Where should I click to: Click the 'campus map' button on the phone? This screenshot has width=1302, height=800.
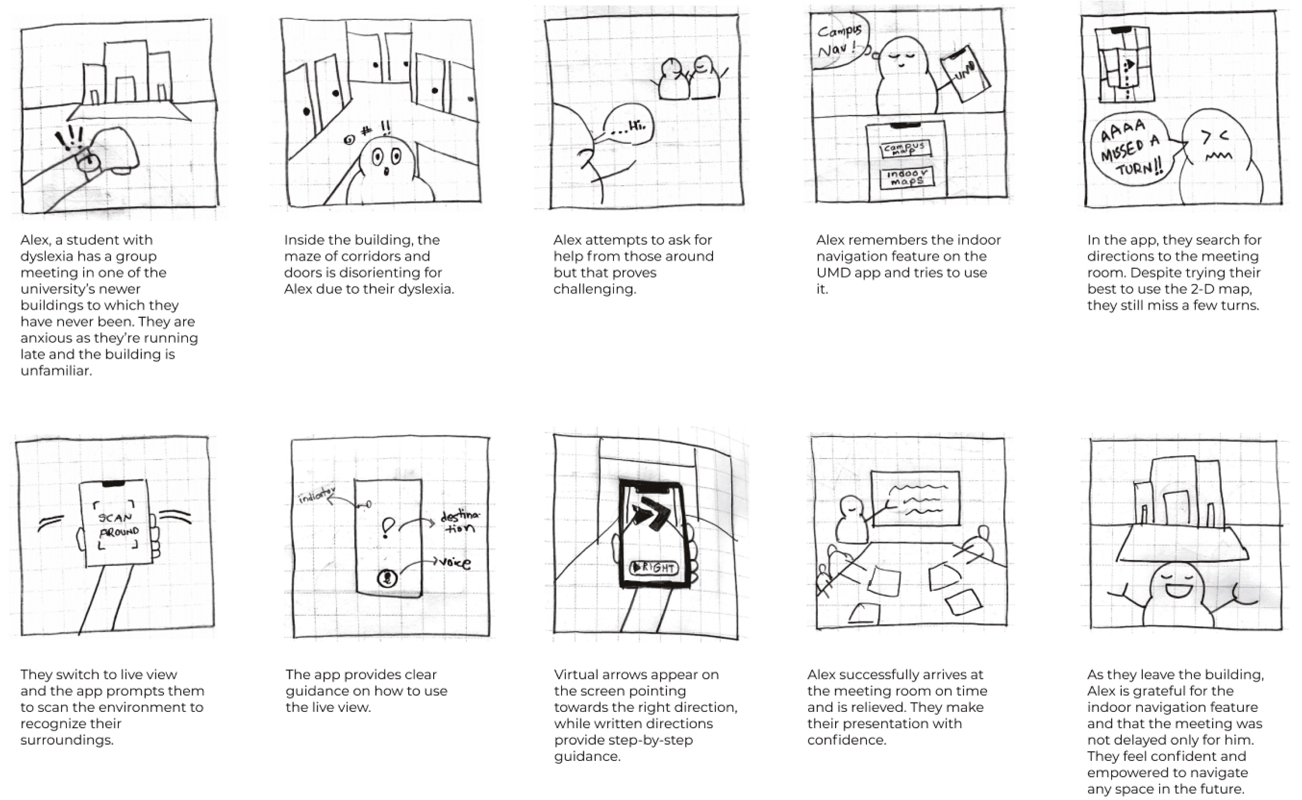[x=906, y=149]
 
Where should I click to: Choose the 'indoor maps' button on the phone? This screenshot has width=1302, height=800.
[x=907, y=177]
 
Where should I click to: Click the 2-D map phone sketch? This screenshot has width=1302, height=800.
[x=1124, y=65]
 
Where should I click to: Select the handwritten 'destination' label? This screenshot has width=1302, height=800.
[x=461, y=522]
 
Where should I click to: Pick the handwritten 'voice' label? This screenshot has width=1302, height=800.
[x=454, y=562]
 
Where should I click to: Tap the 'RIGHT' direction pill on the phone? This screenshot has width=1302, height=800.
[x=654, y=568]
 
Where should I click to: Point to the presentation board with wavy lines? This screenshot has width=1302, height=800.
[x=915, y=498]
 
